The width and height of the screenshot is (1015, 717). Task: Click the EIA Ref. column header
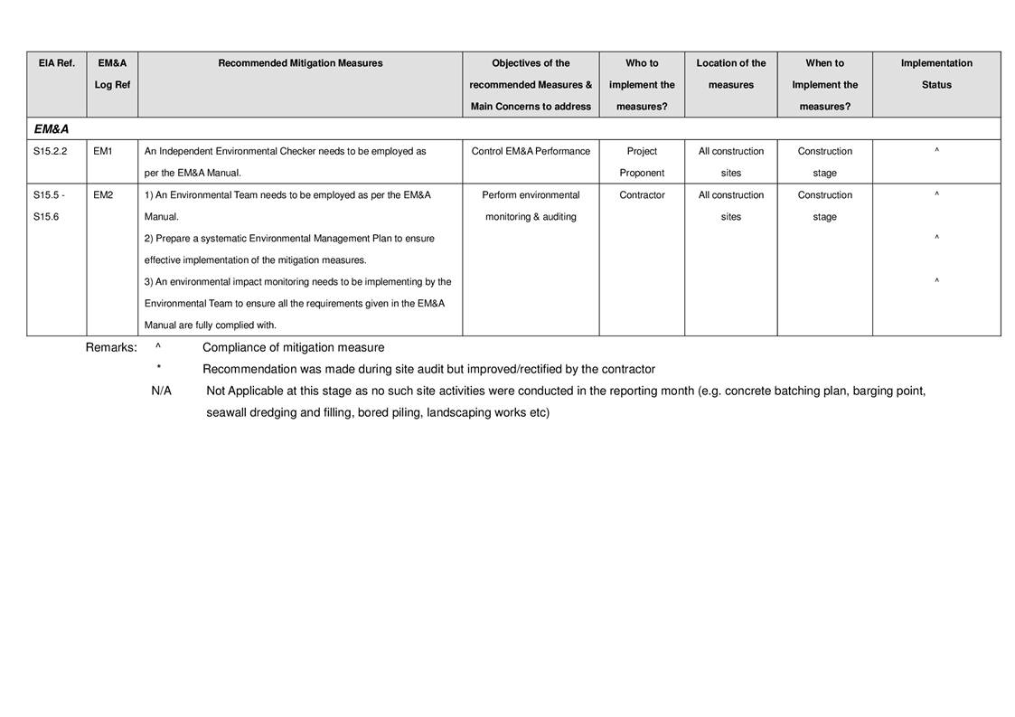coord(56,63)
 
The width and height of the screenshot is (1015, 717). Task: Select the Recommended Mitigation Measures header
coord(300,63)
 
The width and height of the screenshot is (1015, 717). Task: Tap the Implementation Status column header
coord(936,74)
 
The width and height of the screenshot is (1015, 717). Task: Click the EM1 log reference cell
coord(103,151)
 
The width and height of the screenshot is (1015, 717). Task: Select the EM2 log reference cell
coord(103,195)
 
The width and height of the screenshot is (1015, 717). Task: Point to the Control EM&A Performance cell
coord(531,151)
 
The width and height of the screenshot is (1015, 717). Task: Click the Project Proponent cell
coord(642,162)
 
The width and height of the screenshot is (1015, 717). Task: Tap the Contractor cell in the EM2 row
coord(642,195)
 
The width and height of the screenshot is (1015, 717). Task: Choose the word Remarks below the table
coord(111,348)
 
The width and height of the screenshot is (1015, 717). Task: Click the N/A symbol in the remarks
coord(162,392)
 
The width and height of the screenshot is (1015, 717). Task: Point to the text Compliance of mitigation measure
coord(293,348)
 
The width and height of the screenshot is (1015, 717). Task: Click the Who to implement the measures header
coord(642,84)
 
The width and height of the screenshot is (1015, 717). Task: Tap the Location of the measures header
coord(730,74)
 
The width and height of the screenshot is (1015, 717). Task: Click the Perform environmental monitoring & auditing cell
coord(531,206)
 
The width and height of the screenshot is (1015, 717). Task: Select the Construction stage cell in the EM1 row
coord(824,162)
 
